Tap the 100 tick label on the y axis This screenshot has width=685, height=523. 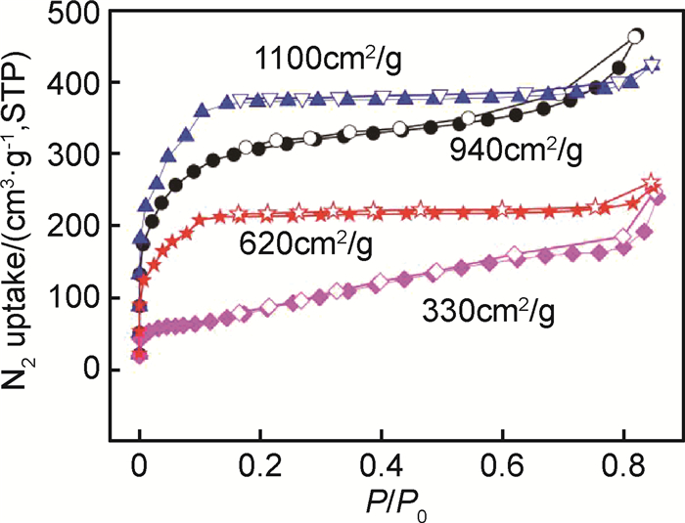point(89,297)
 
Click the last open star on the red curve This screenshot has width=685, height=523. point(651,183)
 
